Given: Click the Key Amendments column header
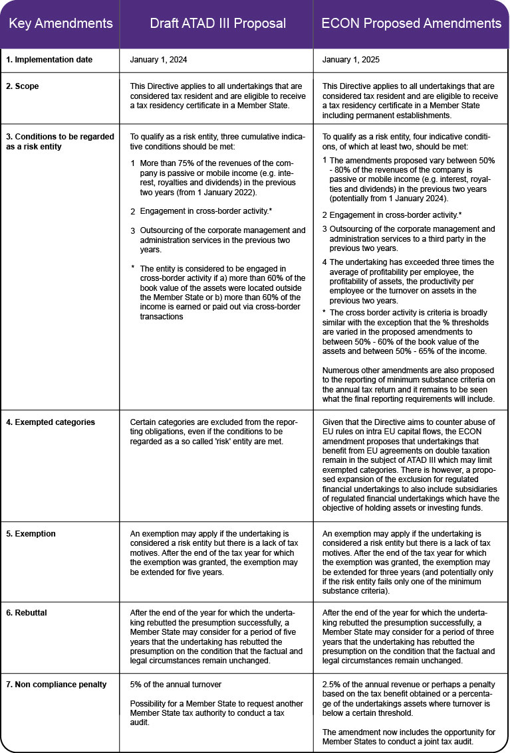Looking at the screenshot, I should coord(61,24).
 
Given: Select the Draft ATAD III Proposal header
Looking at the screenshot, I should coord(217,24).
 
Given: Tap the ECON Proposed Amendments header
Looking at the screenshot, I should coord(411,24).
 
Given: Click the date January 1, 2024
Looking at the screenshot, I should coord(159,60).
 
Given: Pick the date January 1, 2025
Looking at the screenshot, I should coord(350,60).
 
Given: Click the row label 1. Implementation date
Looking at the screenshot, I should coord(50,60).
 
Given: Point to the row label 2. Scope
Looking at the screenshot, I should coord(23,86).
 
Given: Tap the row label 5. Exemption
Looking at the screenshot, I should coord(31,534).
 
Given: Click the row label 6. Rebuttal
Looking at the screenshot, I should coord(29,608).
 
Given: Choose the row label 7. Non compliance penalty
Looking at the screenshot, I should coord(57,685).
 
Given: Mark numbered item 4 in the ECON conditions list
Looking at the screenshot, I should coord(324,262).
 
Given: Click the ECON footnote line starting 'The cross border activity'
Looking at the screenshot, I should coord(407,312).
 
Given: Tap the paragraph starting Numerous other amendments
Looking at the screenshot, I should coord(407,385).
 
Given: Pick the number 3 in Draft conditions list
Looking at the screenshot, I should coord(133,230).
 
